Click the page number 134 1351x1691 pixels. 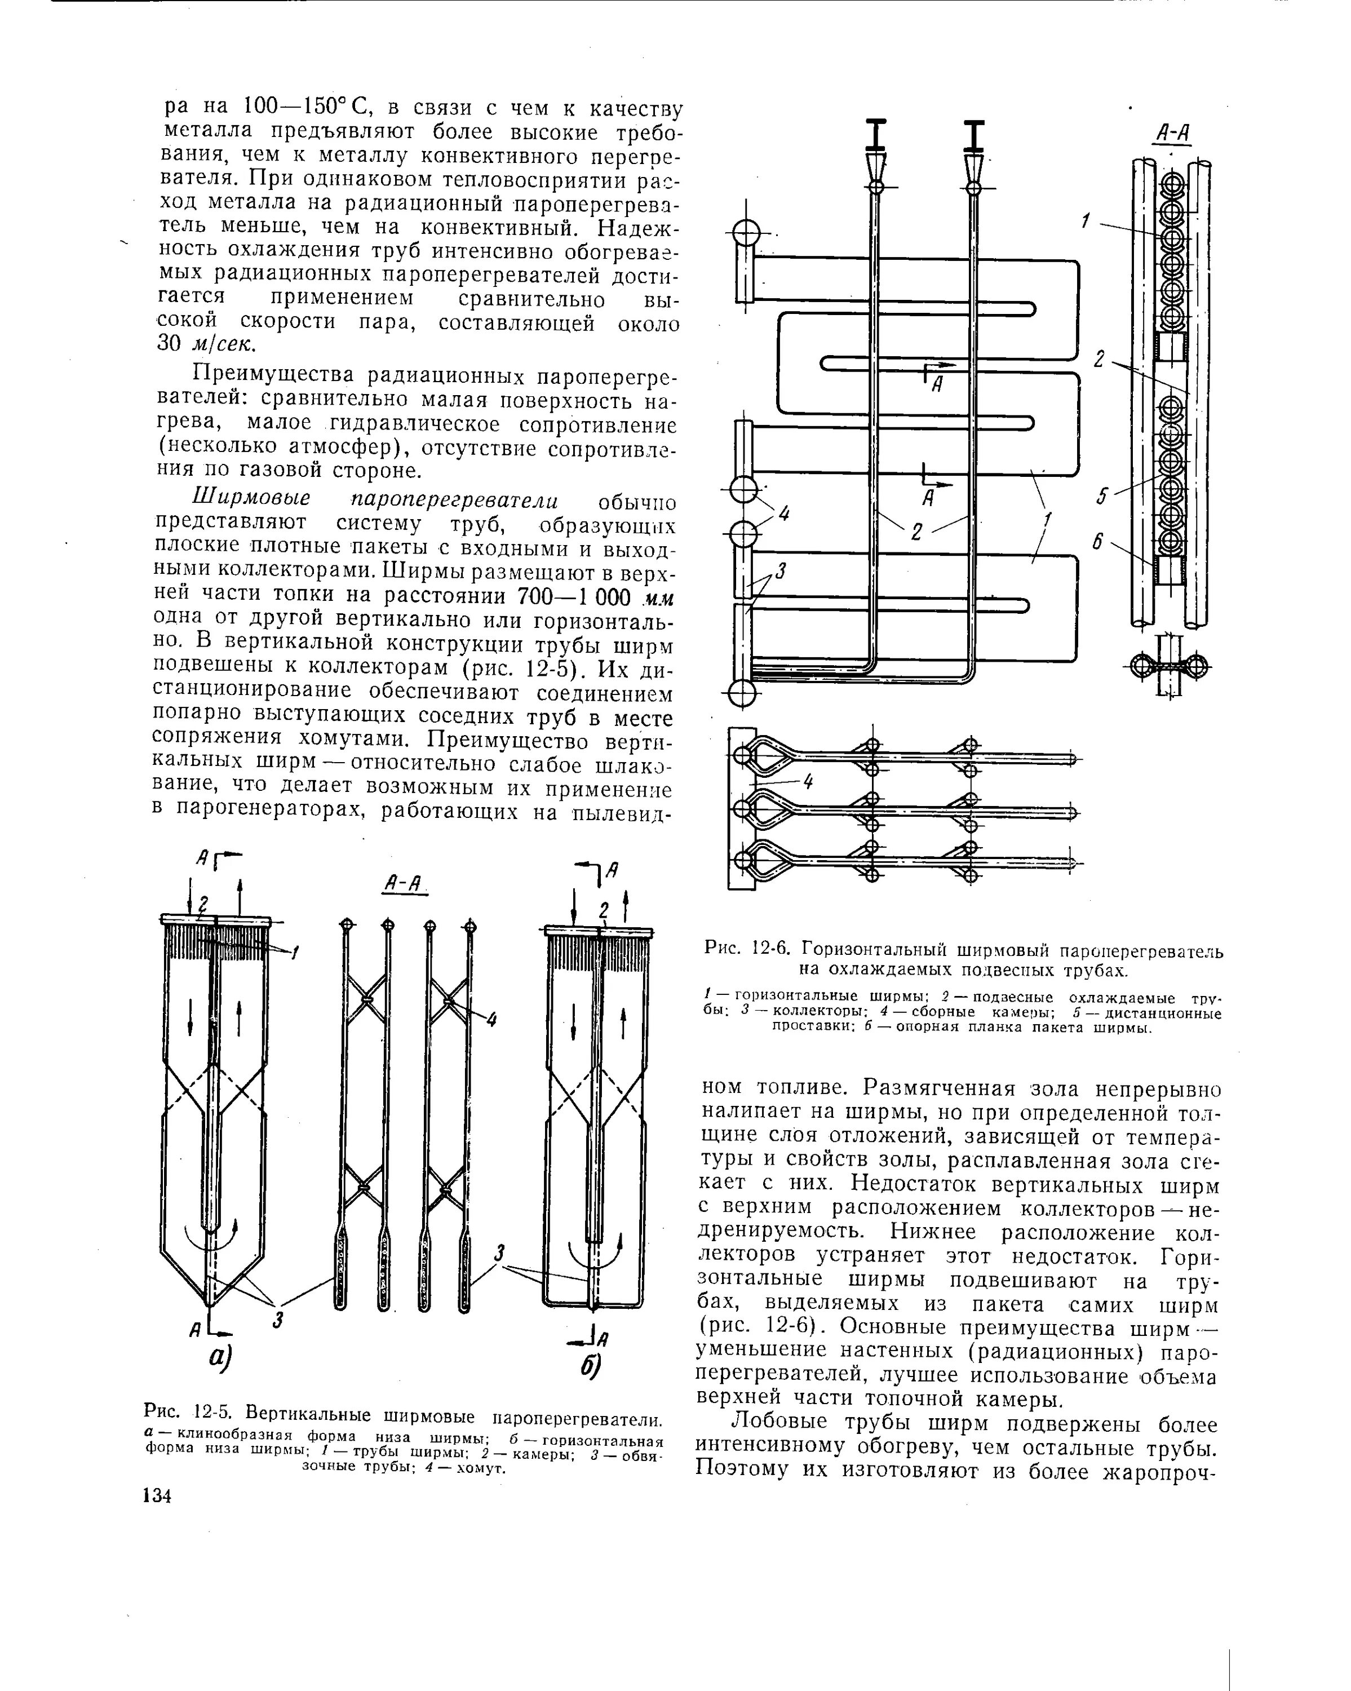157,1495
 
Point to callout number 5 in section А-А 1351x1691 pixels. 1102,495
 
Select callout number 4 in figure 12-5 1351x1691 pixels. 491,1020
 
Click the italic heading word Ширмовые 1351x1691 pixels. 252,498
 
